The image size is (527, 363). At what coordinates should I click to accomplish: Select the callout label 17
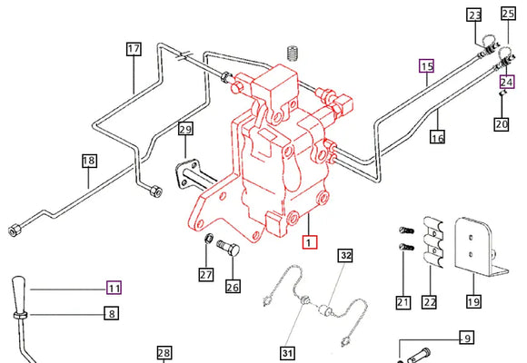[134, 49]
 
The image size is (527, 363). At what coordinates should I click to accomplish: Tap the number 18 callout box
[88, 162]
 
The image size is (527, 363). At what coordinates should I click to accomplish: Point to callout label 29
[185, 130]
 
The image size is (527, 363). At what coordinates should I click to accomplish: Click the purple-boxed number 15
[427, 65]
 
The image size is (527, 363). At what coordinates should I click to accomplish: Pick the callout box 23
[475, 15]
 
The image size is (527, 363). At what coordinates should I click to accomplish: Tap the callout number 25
[508, 15]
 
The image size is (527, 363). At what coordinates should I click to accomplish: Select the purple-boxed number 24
[507, 79]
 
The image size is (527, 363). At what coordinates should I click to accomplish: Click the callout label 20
[502, 123]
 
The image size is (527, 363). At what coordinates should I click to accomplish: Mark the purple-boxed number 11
[114, 288]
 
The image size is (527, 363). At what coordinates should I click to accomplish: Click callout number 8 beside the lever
[111, 314]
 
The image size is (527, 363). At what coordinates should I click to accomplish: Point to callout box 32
[344, 257]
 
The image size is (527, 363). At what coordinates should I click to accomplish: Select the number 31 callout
[289, 353]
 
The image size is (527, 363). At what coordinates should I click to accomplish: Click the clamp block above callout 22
[429, 240]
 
